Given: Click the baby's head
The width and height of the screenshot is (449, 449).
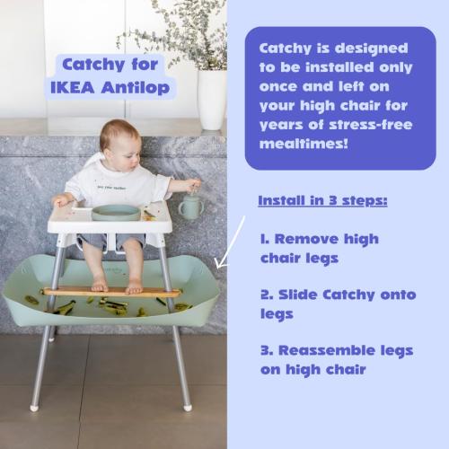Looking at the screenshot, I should (119, 139).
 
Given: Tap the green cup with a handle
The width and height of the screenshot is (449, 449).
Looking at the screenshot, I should (189, 207).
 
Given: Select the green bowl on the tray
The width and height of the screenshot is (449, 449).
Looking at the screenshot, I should (117, 212).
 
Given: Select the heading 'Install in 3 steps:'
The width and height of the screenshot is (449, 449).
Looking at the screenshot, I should (322, 198).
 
